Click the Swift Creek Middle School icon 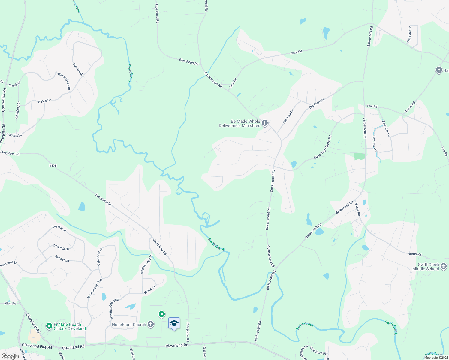pyautogui.click(x=444, y=266)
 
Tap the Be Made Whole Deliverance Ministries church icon pyautogui.click(x=264, y=123)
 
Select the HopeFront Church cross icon pyautogui.click(x=151, y=324)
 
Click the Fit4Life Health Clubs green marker pyautogui.click(x=49, y=326)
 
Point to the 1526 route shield pyautogui.click(x=53, y=166)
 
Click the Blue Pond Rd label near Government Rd pyautogui.click(x=188, y=62)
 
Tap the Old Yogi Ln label pyautogui.click(x=288, y=116)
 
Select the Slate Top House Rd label pyautogui.click(x=323, y=147)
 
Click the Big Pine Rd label pyautogui.click(x=317, y=103)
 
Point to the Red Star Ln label pyautogui.click(x=386, y=128)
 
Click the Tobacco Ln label pyautogui.click(x=409, y=34)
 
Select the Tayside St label pyautogui.click(x=59, y=228)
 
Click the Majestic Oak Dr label pyautogui.click(x=146, y=264)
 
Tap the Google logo pyautogui.click(x=10, y=356)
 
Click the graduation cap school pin pyautogui.click(x=174, y=324)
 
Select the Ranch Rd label pyautogui.click(x=410, y=107)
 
